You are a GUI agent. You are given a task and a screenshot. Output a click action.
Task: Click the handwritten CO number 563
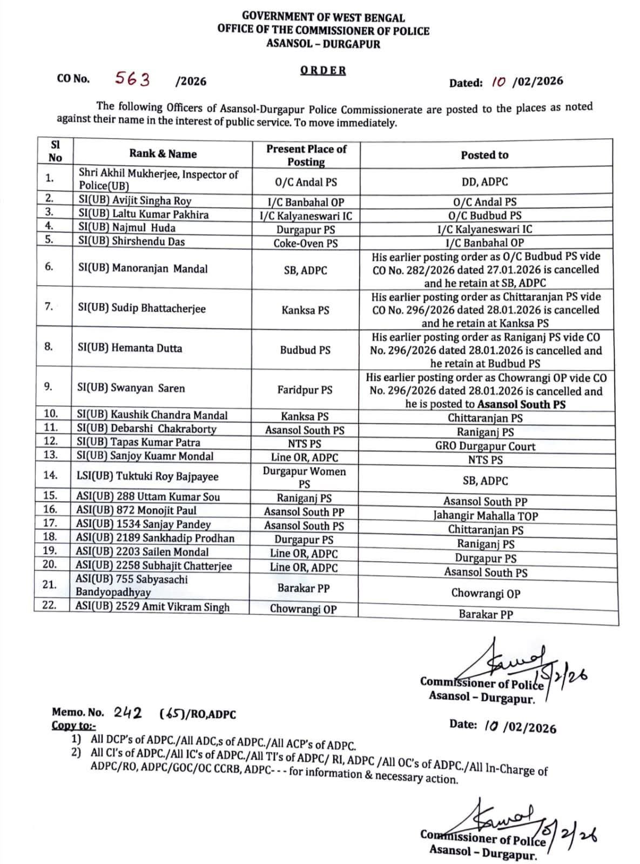pyautogui.click(x=132, y=79)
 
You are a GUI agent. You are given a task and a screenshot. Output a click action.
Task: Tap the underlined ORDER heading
pyautogui.click(x=323, y=70)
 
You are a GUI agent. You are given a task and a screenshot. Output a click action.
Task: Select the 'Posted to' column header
pyautogui.click(x=484, y=155)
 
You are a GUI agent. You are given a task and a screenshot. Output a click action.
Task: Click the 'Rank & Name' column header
pyautogui.click(x=163, y=154)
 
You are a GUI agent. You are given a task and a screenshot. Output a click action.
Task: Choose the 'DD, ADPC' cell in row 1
pyautogui.click(x=484, y=182)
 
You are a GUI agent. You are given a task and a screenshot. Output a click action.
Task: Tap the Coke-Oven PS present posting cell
pyautogui.click(x=305, y=244)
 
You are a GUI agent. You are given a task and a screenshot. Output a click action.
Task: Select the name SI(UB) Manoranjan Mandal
pyautogui.click(x=143, y=268)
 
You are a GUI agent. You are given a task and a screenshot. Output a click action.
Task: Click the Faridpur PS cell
pyautogui.click(x=305, y=389)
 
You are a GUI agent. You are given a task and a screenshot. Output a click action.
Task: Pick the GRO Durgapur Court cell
pyautogui.click(x=485, y=447)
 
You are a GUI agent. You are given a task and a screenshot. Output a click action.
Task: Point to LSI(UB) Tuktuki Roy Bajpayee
pyautogui.click(x=147, y=476)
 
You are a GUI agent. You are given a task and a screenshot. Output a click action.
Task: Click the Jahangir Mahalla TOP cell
pyautogui.click(x=486, y=516)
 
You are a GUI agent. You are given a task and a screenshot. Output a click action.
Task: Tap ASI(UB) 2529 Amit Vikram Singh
pyautogui.click(x=152, y=607)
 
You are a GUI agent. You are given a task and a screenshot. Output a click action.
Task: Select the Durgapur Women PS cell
pyautogui.click(x=304, y=477)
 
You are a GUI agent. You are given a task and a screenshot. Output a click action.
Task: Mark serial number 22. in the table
pyautogui.click(x=49, y=605)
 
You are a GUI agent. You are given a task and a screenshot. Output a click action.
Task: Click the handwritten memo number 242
pyautogui.click(x=128, y=713)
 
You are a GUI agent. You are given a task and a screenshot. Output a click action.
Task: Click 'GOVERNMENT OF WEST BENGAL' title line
pyautogui.click(x=323, y=18)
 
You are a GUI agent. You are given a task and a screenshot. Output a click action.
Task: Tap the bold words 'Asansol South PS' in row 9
pyautogui.click(x=522, y=404)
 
